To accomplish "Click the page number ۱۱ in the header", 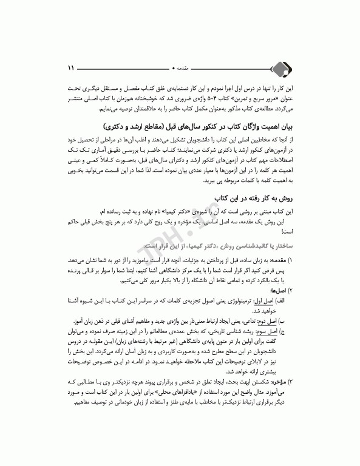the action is (70, 66).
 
